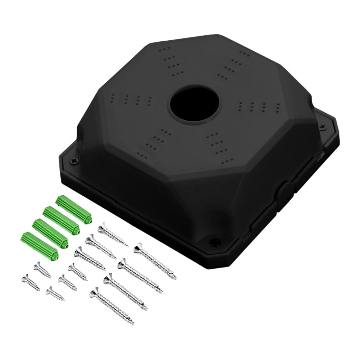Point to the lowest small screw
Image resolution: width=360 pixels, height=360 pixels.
[x=55, y=293]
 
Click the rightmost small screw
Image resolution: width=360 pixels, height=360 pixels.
[x=77, y=272]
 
